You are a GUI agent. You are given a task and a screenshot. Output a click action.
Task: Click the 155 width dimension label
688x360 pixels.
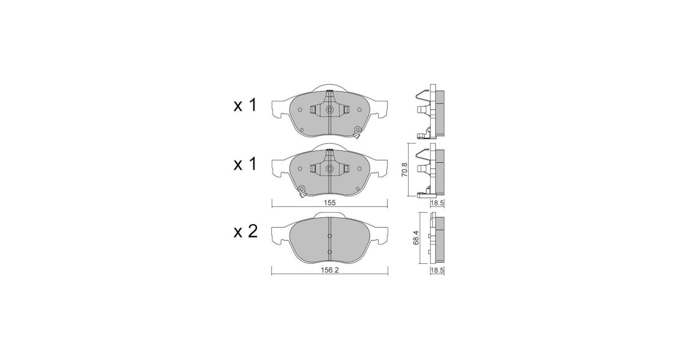click(329, 203)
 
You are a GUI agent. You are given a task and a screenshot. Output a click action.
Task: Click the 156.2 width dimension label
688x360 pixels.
click(330, 271)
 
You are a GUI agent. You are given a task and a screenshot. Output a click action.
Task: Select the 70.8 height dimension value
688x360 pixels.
click(405, 169)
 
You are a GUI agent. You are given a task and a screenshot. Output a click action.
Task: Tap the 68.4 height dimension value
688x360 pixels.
click(416, 238)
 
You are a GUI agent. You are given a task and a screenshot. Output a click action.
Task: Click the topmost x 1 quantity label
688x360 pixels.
click(245, 105)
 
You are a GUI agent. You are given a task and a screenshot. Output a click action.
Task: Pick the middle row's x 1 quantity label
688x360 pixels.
click(245, 164)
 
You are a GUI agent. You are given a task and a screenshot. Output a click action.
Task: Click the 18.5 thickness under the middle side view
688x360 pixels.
click(437, 203)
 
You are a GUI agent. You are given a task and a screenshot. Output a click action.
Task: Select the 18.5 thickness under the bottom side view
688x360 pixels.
click(437, 271)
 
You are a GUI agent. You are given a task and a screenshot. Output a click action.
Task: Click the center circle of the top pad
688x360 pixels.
click(330, 109)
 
